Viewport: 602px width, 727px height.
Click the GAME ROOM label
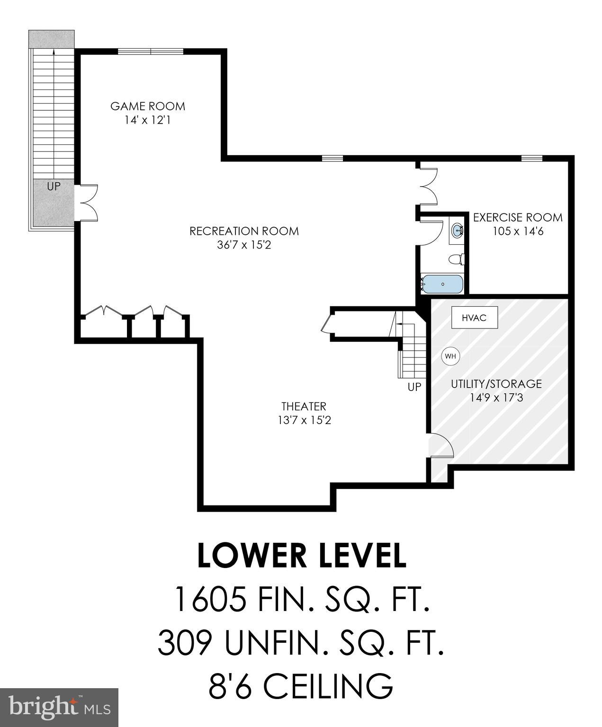148,106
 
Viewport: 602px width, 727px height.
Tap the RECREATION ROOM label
244,231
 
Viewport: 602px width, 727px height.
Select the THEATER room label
304,406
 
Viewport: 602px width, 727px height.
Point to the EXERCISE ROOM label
518,218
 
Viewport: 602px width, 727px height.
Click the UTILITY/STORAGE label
496,384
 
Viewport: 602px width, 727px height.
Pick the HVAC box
474,318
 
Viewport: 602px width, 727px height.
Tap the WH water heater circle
450,356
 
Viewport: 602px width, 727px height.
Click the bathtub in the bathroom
442,284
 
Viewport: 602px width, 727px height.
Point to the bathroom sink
458,231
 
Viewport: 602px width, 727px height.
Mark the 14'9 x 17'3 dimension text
496,398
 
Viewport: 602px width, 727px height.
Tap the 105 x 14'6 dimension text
518,232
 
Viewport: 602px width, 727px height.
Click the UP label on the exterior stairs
54,186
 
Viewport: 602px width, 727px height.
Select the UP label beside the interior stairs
414,387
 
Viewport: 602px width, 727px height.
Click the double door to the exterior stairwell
88,203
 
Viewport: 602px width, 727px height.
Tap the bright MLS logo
59,707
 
